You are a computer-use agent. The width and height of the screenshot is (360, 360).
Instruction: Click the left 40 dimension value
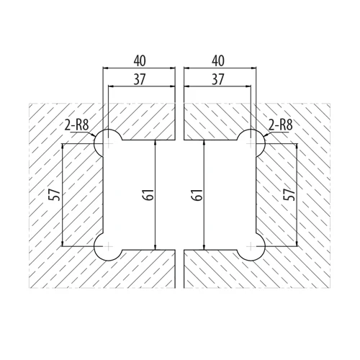coord(140,61)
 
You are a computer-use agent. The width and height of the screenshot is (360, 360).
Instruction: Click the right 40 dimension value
coord(218,61)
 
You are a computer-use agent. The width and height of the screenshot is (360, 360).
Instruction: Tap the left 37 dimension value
coord(140,79)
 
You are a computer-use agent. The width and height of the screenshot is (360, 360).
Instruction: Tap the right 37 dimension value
coord(218,79)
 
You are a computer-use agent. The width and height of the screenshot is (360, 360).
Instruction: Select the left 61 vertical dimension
coord(148,195)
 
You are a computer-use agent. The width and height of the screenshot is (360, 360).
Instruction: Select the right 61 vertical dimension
coord(197,195)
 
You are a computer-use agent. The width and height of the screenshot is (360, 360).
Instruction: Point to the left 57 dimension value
coord(54,194)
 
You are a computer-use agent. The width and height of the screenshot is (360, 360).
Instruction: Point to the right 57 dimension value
coord(289,194)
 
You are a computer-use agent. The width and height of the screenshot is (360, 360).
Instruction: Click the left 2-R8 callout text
coord(77,125)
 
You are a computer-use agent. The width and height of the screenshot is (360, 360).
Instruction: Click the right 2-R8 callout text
coord(281,125)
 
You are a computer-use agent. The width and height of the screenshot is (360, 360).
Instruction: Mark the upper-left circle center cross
coord(109,144)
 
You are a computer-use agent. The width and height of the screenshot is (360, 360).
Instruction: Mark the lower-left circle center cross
coord(109,246)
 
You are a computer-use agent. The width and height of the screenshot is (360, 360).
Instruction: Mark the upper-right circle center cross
coord(251,144)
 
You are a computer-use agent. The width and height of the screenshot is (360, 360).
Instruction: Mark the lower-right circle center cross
coord(251,246)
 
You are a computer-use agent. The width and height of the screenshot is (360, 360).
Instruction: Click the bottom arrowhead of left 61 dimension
coord(156,248)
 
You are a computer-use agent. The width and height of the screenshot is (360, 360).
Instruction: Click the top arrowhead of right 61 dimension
coord(204,143)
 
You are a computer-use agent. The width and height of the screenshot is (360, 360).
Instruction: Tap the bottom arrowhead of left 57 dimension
coord(63,243)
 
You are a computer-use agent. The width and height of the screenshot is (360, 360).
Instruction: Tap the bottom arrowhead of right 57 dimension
coord(297,243)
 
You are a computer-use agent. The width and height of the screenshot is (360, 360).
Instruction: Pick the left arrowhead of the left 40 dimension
coord(106,68)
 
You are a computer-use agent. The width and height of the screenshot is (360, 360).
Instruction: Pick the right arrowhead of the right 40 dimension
coord(253,68)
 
